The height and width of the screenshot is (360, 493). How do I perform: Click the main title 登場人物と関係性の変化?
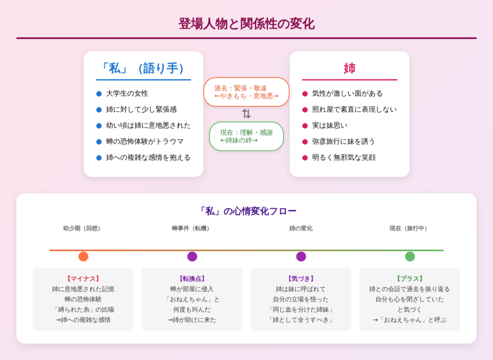pos(246,24)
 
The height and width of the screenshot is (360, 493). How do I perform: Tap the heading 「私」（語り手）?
pos(143,68)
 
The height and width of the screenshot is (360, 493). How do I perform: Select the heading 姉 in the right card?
pos(349,68)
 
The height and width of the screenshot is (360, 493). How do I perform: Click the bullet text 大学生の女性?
pos(127,93)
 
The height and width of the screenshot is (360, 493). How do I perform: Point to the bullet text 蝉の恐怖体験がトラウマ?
pos(144,141)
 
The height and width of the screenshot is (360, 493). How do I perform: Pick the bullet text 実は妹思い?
pos(330,126)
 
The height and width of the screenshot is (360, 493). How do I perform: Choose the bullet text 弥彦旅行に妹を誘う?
pos(343,141)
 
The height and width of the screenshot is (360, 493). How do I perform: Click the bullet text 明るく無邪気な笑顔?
pos(343,157)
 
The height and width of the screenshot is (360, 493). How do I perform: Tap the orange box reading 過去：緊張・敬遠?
pos(246,92)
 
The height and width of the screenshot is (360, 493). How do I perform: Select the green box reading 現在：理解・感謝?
pos(246,136)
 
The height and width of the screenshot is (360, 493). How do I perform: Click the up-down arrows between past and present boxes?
pos(246,114)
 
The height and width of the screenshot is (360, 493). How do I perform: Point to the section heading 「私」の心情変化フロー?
pos(246,210)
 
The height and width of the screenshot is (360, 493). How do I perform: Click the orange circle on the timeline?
pos(83,257)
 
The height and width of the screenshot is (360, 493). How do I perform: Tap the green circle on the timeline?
pos(410,257)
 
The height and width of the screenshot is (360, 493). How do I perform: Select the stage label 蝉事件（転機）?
pos(192,229)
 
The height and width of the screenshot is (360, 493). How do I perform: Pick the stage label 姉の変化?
pos(300,229)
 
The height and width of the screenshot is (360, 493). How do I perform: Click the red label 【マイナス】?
pos(83,279)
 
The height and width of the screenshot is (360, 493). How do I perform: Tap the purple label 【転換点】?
pos(192,279)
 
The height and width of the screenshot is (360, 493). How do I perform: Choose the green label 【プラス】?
pos(410,279)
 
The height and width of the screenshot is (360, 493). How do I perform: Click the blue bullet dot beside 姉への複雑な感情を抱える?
pos(99,157)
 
